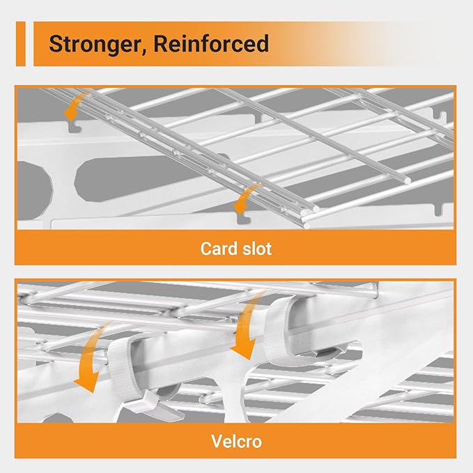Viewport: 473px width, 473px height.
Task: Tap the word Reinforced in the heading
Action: point(211,43)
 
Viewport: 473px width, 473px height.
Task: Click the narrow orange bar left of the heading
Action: point(21,44)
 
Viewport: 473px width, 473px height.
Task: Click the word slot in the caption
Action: point(256,249)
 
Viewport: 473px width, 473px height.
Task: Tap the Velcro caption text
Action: point(237,442)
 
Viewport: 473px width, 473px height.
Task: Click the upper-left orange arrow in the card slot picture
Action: point(75,106)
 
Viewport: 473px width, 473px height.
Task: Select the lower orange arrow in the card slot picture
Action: point(245,199)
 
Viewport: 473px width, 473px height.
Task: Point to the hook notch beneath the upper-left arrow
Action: point(75,127)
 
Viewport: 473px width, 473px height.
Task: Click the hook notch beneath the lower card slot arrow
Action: point(244,219)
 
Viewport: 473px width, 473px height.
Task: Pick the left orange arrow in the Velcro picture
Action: point(91,359)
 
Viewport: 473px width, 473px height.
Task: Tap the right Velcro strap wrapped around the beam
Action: point(279,329)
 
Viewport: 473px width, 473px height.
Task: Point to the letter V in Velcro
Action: point(217,442)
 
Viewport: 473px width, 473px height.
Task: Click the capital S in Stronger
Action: point(56,44)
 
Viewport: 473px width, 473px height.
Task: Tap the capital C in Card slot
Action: point(206,249)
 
